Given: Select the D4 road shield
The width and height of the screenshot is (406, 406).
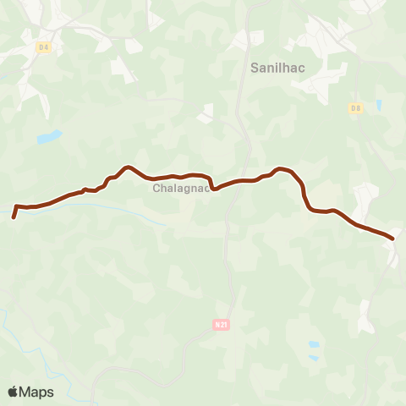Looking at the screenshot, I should click(x=44, y=47).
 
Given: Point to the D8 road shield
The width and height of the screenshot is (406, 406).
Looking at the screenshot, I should click(x=356, y=107).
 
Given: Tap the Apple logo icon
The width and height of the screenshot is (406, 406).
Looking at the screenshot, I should click(x=13, y=392).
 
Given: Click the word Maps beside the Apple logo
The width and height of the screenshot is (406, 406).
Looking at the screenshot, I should click(x=36, y=392).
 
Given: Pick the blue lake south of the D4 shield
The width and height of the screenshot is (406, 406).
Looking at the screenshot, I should click(x=49, y=136).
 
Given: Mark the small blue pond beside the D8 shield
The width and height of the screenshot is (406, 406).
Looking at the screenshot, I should click(x=378, y=106).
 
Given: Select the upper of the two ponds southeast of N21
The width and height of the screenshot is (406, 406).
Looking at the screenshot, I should click(x=315, y=345).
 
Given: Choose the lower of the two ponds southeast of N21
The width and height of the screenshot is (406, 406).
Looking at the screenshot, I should click(x=314, y=359).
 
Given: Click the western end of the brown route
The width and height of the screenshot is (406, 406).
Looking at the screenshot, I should click(x=14, y=217).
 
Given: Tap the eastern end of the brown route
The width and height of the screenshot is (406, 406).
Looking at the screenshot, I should click(x=392, y=238).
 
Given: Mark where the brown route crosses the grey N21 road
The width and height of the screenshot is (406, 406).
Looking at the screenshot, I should click(x=237, y=181).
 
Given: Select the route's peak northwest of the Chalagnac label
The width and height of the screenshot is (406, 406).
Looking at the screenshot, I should click(x=127, y=167).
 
